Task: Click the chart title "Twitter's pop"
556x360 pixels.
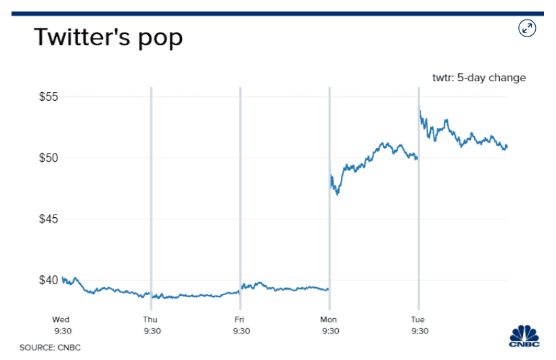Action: pos(108,37)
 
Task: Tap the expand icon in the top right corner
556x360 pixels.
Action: pos(527,28)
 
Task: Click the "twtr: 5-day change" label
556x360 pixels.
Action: pos(479,78)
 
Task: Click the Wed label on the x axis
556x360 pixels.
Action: pos(62,319)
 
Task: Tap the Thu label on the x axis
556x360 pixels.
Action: pos(151,319)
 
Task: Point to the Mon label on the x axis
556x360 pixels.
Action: pos(329,319)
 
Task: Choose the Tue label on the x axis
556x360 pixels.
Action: pos(419,319)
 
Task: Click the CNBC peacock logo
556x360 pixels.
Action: pos(526,337)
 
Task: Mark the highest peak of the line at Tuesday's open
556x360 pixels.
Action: pos(420,111)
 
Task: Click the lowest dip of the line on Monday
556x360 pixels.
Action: pos(337,194)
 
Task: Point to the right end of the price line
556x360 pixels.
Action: pos(507,146)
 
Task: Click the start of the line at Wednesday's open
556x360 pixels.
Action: pos(62,277)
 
